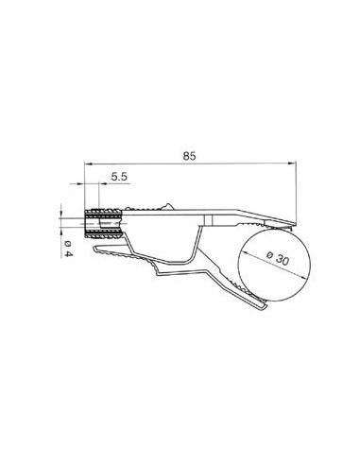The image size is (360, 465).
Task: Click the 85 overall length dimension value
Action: coord(190,158)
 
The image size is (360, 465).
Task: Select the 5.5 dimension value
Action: coord(120,177)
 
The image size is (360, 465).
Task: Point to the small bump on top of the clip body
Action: coord(166,203)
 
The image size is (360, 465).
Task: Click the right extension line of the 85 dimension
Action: coord(296,194)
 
